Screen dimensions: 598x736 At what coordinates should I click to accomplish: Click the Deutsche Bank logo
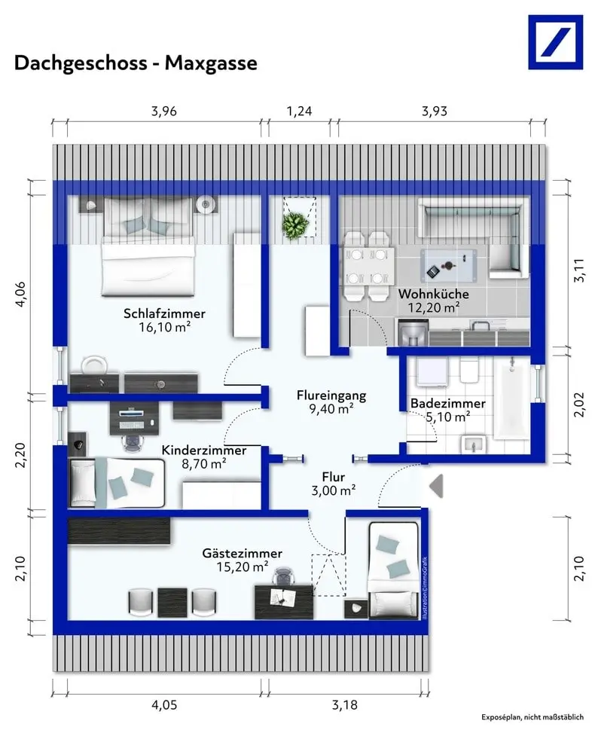[x=555, y=42]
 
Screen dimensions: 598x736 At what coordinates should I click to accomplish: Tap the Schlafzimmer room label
[x=164, y=313]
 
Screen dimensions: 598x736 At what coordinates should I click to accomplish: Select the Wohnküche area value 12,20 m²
[x=433, y=308]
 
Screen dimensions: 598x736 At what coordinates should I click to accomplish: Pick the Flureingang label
[x=331, y=395]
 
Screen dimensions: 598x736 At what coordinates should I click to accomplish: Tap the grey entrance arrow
[x=437, y=486]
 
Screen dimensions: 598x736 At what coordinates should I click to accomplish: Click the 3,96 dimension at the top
[x=164, y=111]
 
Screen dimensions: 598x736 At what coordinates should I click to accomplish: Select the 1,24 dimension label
[x=299, y=111]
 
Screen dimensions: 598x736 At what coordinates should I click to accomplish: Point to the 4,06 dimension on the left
[x=21, y=295]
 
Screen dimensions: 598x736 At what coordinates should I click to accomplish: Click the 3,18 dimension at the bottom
[x=344, y=704]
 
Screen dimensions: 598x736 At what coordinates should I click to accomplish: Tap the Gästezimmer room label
[x=243, y=554]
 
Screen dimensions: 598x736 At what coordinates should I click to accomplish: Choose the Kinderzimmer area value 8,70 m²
[x=203, y=464]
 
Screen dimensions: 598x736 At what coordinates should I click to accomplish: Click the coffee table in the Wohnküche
[x=448, y=264]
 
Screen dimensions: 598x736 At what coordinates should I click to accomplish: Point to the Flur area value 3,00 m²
[x=333, y=491]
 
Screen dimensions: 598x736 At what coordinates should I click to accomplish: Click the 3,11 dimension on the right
[x=579, y=270]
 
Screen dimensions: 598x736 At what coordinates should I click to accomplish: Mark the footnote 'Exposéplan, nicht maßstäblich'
[x=532, y=717]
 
